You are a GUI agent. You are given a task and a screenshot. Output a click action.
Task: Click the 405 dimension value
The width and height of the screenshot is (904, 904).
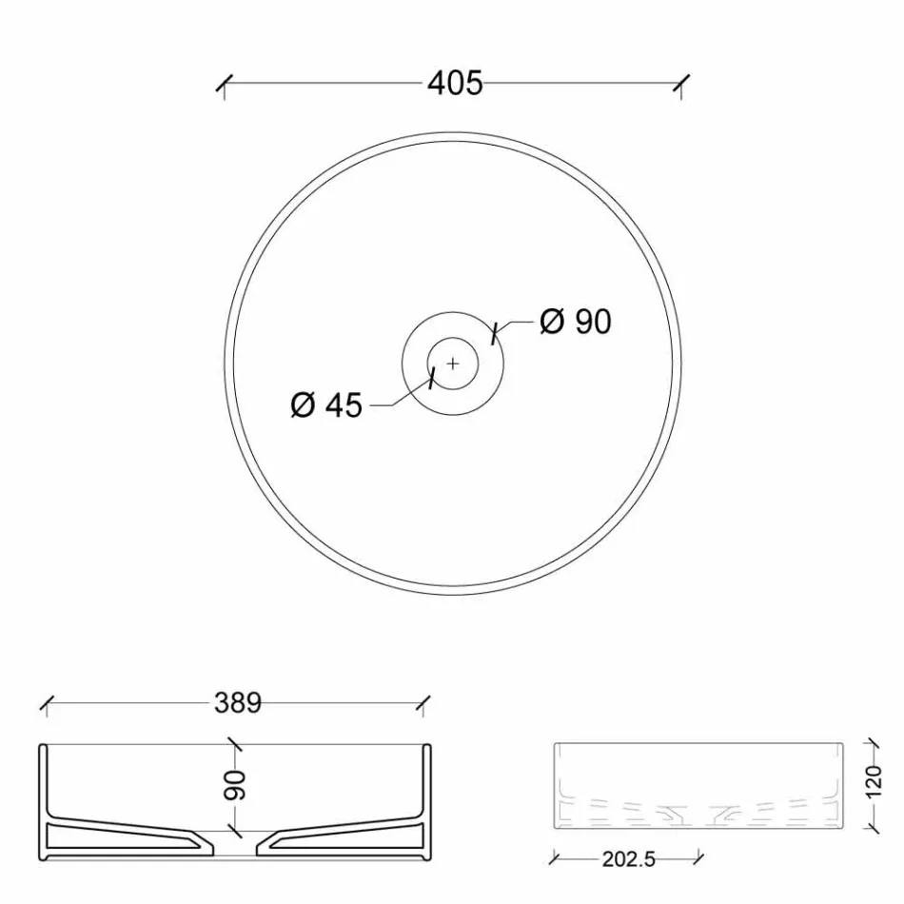455,84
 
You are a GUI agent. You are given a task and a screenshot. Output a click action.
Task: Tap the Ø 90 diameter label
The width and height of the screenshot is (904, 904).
575,322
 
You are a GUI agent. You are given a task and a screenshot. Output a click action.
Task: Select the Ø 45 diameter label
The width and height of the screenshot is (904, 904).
326,405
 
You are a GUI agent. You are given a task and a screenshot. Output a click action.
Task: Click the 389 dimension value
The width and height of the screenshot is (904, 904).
237,703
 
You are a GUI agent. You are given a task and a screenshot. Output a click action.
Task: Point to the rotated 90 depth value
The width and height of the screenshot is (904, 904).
235,784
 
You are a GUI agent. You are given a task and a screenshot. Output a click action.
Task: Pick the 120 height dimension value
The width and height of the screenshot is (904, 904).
875,784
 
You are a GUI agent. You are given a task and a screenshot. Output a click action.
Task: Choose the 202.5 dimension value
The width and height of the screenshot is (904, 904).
628,859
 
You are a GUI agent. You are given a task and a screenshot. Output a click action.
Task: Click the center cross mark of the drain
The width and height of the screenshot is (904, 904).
453,363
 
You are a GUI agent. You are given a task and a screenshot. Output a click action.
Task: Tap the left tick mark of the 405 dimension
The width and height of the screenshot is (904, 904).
225,85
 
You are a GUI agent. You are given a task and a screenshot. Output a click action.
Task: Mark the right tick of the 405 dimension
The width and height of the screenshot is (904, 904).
682,85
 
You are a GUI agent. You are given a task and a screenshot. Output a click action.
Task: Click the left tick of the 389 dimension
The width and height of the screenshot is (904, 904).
47,704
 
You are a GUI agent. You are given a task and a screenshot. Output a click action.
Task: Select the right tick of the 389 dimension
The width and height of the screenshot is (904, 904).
424,704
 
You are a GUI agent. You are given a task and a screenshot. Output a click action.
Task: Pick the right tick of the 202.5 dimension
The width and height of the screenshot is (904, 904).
700,859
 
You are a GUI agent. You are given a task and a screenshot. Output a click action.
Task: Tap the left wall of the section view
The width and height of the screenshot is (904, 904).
44,799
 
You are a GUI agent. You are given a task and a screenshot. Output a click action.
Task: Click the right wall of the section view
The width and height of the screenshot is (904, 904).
427,799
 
